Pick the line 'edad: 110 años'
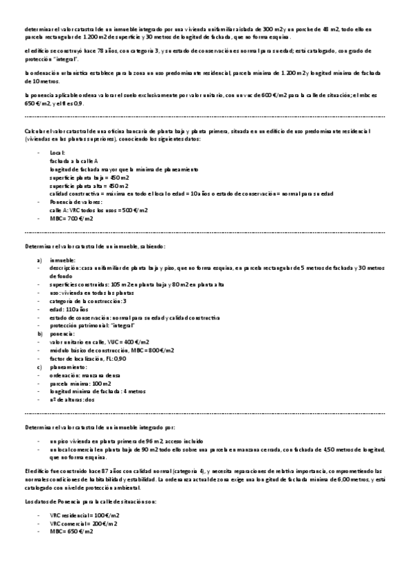pyautogui.click(x=67, y=309)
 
